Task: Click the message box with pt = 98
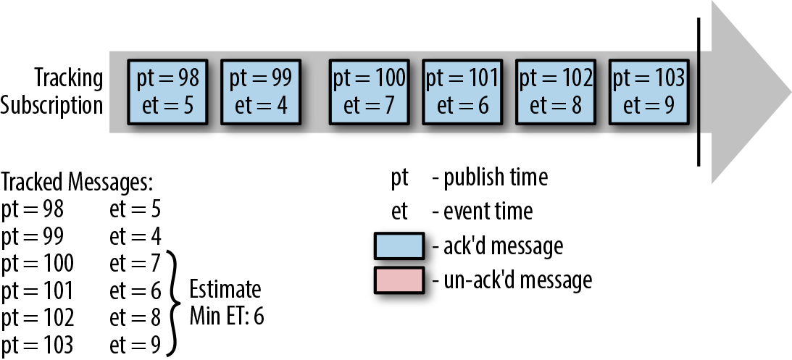pyautogui.click(x=167, y=92)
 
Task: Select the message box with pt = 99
pyautogui.click(x=261, y=92)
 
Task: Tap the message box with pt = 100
pyautogui.click(x=369, y=92)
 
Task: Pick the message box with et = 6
pyautogui.click(x=462, y=92)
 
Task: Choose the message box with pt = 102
pyautogui.click(x=556, y=92)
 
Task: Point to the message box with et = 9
pyautogui.click(x=649, y=92)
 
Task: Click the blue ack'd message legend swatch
pyautogui.click(x=399, y=246)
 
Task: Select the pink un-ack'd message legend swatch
pyautogui.click(x=399, y=280)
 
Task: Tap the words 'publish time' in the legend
pyautogui.click(x=496, y=178)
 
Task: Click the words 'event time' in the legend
pyautogui.click(x=488, y=211)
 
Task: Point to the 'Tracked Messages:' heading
pyautogui.click(x=77, y=183)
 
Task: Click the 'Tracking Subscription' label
pyautogui.click(x=52, y=91)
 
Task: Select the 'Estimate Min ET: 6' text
pyautogui.click(x=227, y=303)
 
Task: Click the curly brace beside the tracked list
pyautogui.click(x=174, y=303)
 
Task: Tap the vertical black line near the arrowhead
pyautogui.click(x=699, y=92)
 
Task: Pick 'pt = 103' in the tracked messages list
pyautogui.click(x=38, y=346)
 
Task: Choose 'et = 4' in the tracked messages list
pyautogui.click(x=135, y=236)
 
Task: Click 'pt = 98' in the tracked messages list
pyautogui.click(x=33, y=209)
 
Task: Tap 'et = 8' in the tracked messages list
pyautogui.click(x=135, y=318)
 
